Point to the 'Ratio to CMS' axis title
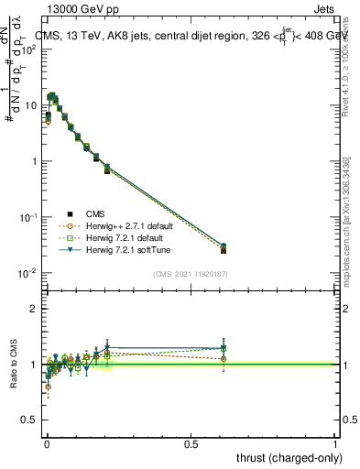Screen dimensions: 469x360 pos(14,365)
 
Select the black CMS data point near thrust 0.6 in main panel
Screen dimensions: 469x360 pos(224,250)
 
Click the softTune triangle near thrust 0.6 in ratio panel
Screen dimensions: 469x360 pos(224,348)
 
